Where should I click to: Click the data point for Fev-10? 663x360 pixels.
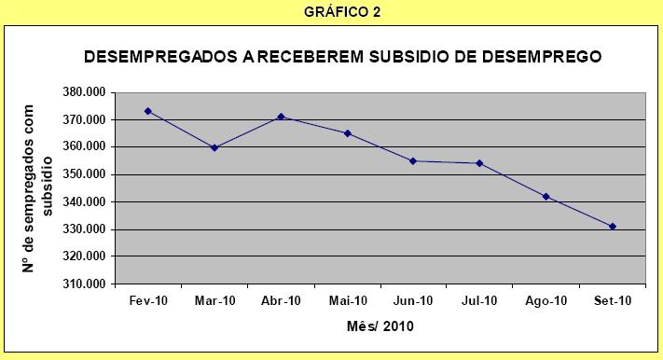148,111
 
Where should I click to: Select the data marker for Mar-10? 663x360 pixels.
214,147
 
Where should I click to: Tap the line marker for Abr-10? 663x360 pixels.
281,117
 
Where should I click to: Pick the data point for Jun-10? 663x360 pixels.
413,160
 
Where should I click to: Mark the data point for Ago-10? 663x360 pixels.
546,197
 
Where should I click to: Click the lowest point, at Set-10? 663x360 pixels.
612,227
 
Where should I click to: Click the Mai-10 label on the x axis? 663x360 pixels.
347,301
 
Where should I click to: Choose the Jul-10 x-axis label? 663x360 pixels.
479,301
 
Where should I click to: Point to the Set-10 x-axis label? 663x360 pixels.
612,301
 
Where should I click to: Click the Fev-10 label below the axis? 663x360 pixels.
148,301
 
